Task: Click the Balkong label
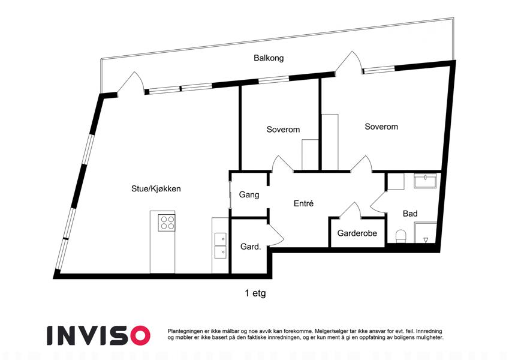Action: [269, 58]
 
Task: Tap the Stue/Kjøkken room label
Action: [156, 189]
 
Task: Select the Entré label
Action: [303, 203]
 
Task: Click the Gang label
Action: [249, 194]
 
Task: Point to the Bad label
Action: [410, 214]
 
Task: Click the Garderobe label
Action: [357, 233]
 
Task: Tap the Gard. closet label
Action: [251, 247]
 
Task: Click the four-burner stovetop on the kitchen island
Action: [167, 223]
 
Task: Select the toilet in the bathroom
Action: [401, 236]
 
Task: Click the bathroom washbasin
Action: [425, 181]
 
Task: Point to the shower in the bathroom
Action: [426, 232]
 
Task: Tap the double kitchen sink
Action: [221, 245]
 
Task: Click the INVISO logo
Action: [99, 335]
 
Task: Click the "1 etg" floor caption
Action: [255, 293]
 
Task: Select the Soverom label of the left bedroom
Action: [283, 130]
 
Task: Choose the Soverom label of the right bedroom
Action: [381, 127]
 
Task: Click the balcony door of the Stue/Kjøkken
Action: [131, 84]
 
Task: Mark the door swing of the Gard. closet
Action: [276, 235]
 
